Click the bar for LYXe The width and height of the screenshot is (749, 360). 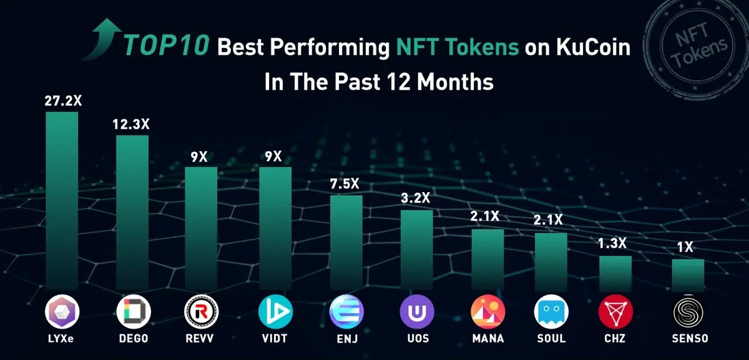click(x=62, y=200)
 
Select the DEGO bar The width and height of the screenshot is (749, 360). click(x=132, y=212)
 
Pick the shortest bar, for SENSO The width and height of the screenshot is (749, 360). click(x=688, y=275)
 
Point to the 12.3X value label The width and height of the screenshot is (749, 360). click(x=132, y=124)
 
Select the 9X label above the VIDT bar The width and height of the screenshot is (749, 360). click(x=273, y=157)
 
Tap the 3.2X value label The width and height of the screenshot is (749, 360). click(x=416, y=198)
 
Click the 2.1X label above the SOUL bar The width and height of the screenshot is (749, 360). click(x=549, y=220)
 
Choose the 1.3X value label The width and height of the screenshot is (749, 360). click(x=613, y=243)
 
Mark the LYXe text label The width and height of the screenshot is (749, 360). click(x=62, y=339)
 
